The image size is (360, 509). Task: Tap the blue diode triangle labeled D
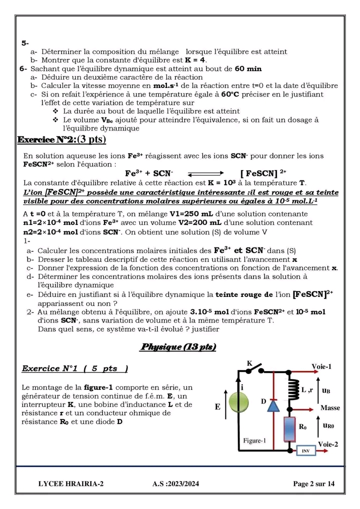pyautogui.click(x=273, y=405)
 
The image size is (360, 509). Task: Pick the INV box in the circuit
pyautogui.click(x=306, y=450)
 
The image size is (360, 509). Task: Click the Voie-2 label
pyautogui.click(x=328, y=444)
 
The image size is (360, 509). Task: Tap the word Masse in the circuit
pyautogui.click(x=330, y=408)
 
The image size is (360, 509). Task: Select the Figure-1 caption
pyautogui.click(x=254, y=440)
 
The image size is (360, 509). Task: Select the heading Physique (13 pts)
pyautogui.click(x=178, y=347)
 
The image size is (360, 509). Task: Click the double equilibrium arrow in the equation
pyautogui.click(x=206, y=173)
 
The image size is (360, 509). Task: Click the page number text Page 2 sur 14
pyautogui.click(x=313, y=483)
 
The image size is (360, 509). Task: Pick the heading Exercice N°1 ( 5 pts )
pyautogui.click(x=75, y=368)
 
